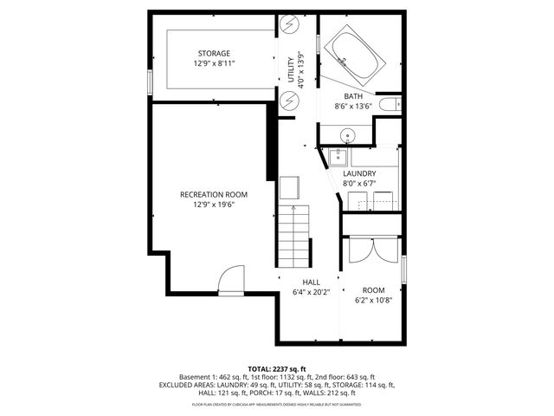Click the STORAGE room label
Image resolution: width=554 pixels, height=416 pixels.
pyautogui.click(x=213, y=53)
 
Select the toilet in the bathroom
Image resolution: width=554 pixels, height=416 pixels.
pyautogui.click(x=392, y=105)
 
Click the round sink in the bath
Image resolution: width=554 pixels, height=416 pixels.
pyautogui.click(x=346, y=135)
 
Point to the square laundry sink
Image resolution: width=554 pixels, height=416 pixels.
pyautogui.click(x=337, y=157)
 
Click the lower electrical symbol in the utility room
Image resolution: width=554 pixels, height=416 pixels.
pyautogui.click(x=290, y=101)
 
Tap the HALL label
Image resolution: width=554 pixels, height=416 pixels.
pyautogui.click(x=312, y=283)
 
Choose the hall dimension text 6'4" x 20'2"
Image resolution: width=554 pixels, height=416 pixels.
pyautogui.click(x=312, y=292)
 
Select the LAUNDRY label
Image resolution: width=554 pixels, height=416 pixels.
pyautogui.click(x=358, y=173)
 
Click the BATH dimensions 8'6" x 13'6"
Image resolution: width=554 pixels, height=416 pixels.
pyautogui.click(x=353, y=107)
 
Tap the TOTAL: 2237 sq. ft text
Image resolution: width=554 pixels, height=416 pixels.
pyautogui.click(x=277, y=368)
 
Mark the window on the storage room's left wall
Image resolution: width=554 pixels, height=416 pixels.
pyautogui.click(x=151, y=80)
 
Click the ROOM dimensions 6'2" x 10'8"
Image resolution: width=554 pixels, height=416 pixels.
pyautogui.click(x=373, y=301)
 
